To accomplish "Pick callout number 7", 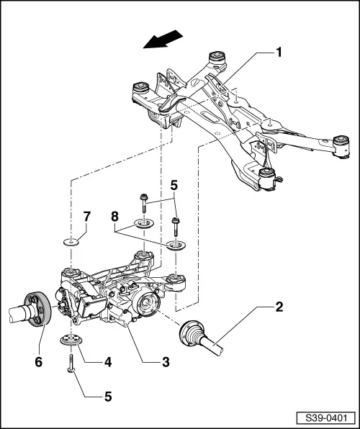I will coord(86,217).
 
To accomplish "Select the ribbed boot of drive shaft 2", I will coord(193,333).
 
